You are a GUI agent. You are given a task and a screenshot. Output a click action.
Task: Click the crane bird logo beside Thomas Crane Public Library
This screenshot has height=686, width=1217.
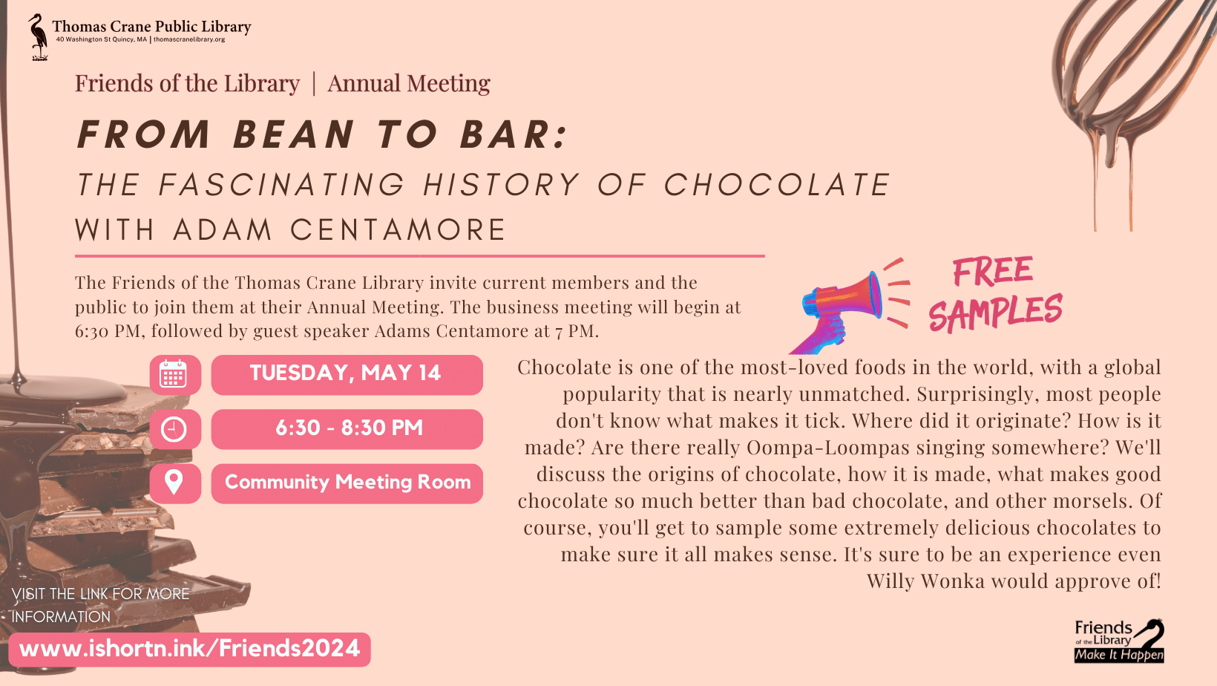[x=37, y=36]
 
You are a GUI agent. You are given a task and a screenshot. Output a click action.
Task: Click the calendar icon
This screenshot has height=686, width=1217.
[x=174, y=375]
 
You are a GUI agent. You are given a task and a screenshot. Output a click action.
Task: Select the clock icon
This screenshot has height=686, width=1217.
[x=174, y=429]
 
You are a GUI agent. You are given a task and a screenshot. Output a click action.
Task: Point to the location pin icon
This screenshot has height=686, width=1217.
[x=174, y=483]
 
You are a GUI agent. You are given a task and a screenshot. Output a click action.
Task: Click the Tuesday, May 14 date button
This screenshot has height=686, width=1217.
[x=346, y=374]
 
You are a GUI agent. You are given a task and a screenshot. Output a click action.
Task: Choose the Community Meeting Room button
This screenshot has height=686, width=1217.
[x=347, y=483]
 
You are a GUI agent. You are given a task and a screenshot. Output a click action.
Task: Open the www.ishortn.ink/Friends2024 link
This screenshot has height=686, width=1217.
[x=190, y=649]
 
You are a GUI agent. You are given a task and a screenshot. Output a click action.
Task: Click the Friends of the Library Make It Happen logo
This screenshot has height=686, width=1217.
[x=1119, y=640]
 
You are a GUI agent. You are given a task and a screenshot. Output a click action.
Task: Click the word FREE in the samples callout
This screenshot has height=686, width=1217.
[x=992, y=271]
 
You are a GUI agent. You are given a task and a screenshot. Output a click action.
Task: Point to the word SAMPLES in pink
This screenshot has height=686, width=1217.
[x=995, y=313]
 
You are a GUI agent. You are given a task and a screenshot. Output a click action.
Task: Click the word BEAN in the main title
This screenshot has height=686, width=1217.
[x=294, y=135]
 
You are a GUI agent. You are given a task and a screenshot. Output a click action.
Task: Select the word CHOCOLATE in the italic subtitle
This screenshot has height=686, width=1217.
[x=776, y=185]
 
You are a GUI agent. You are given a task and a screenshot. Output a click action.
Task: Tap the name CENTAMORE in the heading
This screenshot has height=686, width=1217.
[x=398, y=230]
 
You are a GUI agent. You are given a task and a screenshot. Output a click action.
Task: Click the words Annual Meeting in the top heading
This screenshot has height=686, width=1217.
[x=409, y=84]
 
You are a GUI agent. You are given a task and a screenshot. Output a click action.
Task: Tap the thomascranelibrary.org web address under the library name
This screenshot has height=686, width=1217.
[x=189, y=39]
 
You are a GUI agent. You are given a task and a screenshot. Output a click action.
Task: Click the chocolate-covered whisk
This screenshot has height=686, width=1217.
[x=1113, y=82]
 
